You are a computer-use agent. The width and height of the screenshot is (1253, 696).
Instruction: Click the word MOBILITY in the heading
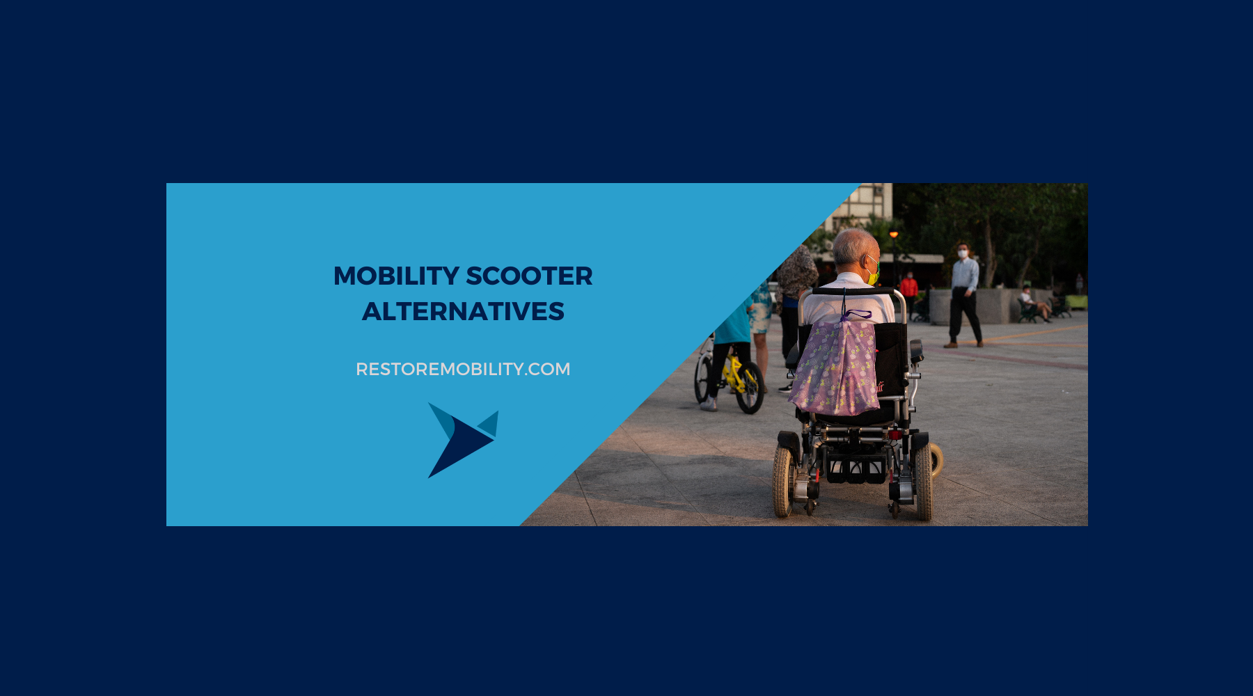click(396, 276)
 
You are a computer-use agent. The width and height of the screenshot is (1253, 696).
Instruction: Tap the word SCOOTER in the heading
click(529, 276)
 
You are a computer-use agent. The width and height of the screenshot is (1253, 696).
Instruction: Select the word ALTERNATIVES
click(463, 312)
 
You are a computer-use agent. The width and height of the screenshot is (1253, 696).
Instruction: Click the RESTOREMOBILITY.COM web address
click(463, 369)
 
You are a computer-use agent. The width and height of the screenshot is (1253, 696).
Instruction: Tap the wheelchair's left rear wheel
click(783, 480)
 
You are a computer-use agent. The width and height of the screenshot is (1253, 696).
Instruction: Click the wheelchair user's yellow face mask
click(873, 274)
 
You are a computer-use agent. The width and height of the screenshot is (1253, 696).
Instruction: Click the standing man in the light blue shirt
click(964, 295)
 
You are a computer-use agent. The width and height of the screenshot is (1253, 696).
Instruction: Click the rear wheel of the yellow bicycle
click(750, 387)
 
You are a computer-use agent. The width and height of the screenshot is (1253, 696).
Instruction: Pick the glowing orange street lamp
click(894, 235)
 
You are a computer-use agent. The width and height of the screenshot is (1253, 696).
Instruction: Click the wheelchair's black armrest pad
click(916, 350)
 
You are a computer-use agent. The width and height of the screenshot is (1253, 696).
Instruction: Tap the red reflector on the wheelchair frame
click(895, 434)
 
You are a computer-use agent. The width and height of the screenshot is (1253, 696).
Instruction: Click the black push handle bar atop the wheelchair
click(853, 291)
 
